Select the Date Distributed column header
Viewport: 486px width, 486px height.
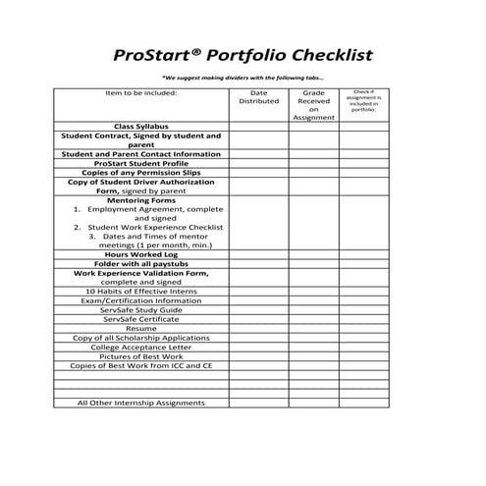[258, 96]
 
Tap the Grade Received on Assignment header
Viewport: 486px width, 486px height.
[313, 104]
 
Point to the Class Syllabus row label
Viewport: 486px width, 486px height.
[140, 127]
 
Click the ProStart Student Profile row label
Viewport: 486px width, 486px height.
[140, 163]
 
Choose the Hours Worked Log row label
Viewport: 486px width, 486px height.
[140, 253]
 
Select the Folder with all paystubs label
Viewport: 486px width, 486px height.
[140, 263]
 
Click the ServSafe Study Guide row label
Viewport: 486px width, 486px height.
[140, 309]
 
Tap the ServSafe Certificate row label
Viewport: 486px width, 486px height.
[140, 318]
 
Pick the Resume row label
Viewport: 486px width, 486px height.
[140, 328]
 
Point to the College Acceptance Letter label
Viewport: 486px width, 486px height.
[140, 347]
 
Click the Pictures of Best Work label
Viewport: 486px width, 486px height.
[140, 355]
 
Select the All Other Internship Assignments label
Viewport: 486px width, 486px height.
[140, 403]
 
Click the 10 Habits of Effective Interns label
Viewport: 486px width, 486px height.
[140, 291]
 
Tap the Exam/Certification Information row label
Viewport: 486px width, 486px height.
[140, 300]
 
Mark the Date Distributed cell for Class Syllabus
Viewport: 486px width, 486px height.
[258, 127]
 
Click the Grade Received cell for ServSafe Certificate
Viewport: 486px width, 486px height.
[313, 318]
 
